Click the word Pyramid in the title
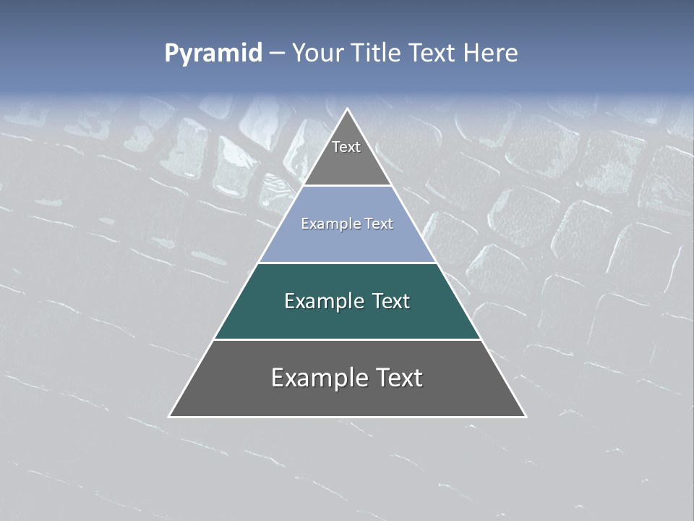pyautogui.click(x=213, y=54)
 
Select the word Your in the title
pyautogui.click(x=317, y=53)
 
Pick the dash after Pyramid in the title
pyautogui.click(x=276, y=54)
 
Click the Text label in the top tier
pyautogui.click(x=346, y=147)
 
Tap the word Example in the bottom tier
pyautogui.click(x=319, y=378)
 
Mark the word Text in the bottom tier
pyautogui.click(x=399, y=378)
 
